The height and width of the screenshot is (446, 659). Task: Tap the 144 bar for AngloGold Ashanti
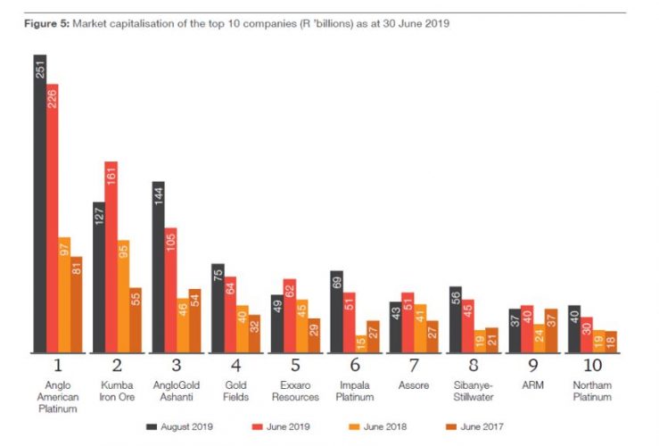[159, 267]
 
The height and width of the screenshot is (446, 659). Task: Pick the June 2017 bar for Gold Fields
[254, 334]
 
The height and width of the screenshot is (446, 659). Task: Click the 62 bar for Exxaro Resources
[289, 316]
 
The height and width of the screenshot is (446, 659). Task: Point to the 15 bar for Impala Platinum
[360, 343]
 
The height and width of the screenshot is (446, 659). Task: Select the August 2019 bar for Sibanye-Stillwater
[455, 319]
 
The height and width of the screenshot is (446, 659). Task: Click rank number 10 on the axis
[590, 366]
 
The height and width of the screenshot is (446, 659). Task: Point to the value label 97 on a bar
[64, 252]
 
